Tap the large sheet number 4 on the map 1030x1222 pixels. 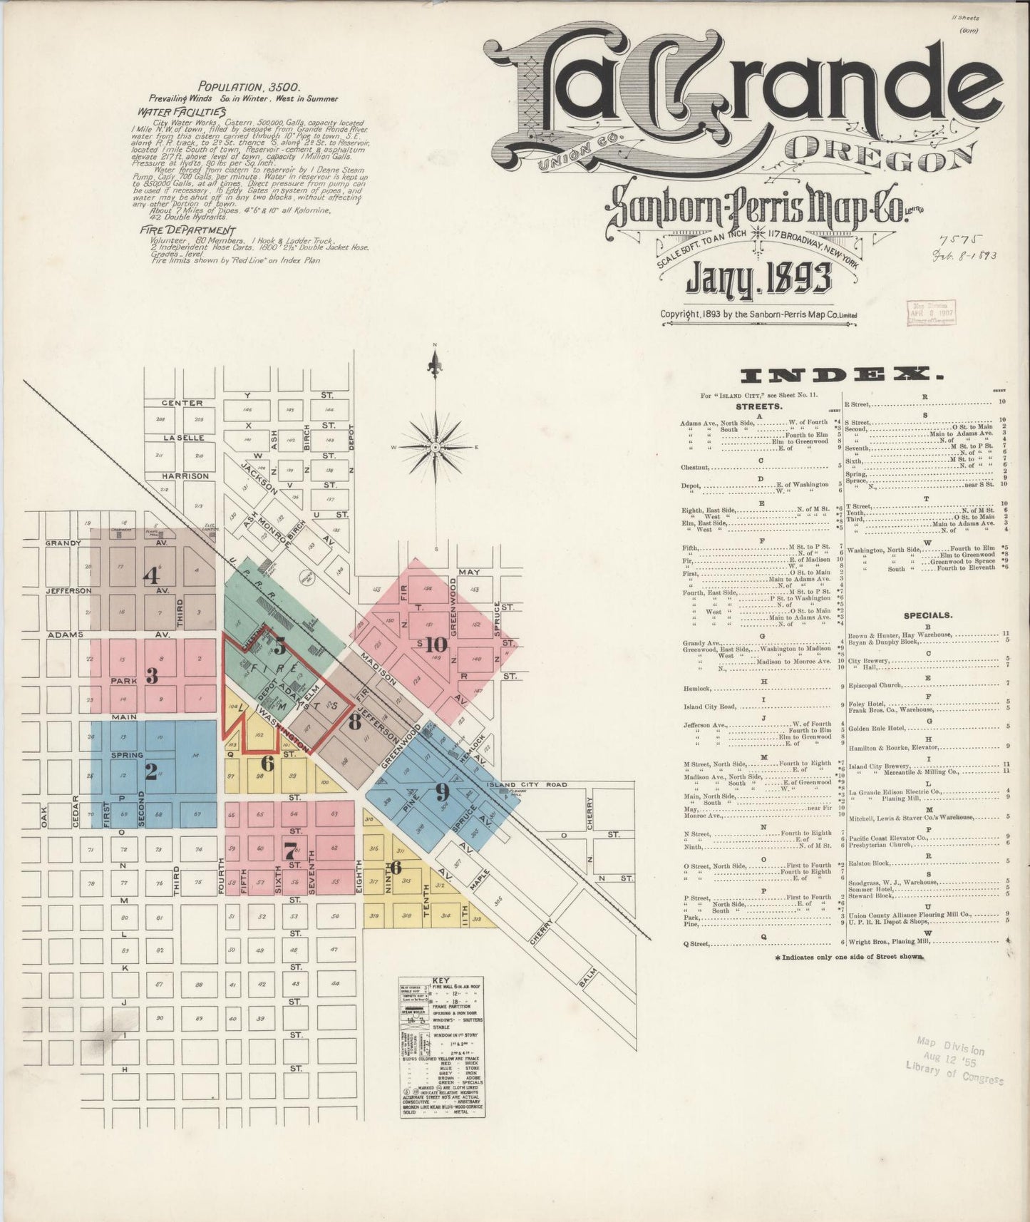(151, 575)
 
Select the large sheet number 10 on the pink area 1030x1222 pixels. (436, 645)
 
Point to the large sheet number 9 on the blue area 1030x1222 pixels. (442, 791)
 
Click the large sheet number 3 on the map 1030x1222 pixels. (151, 674)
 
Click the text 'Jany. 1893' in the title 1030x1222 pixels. (758, 279)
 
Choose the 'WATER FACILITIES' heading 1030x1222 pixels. (182, 112)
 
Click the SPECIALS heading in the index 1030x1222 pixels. (927, 615)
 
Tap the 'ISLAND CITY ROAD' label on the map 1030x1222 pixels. (527, 785)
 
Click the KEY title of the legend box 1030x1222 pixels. (441, 980)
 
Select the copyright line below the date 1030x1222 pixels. (758, 314)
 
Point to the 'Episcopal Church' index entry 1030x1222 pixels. (877, 683)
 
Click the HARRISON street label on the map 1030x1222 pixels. (185, 476)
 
